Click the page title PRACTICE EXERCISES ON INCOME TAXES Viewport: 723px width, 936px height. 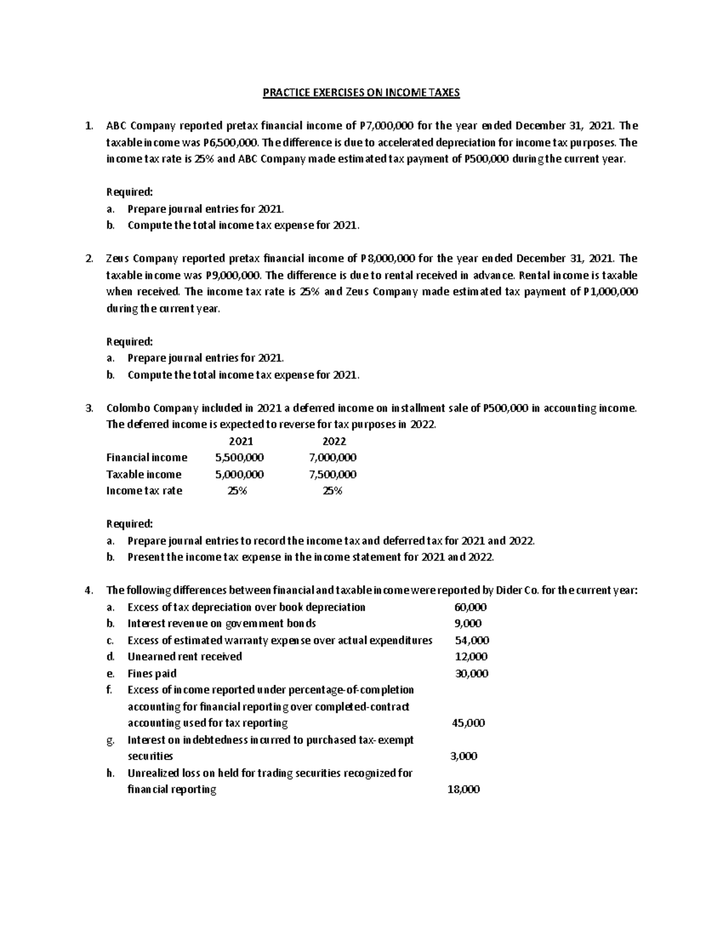[361, 93]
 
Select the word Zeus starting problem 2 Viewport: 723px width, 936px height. [117, 259]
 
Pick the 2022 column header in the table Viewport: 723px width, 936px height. [334, 441]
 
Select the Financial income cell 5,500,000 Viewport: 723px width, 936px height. [239, 457]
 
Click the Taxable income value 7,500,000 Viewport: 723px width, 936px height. [333, 474]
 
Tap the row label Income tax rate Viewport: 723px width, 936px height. [144, 491]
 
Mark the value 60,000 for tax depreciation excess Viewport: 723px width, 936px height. [471, 607]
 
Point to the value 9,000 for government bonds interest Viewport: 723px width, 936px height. [468, 623]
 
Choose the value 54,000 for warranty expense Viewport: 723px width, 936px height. [472, 640]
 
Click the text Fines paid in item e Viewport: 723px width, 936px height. [152, 673]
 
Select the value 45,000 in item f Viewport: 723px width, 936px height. [468, 723]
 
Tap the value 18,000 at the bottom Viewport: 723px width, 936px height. [463, 790]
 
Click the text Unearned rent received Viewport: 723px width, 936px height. [184, 656]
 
